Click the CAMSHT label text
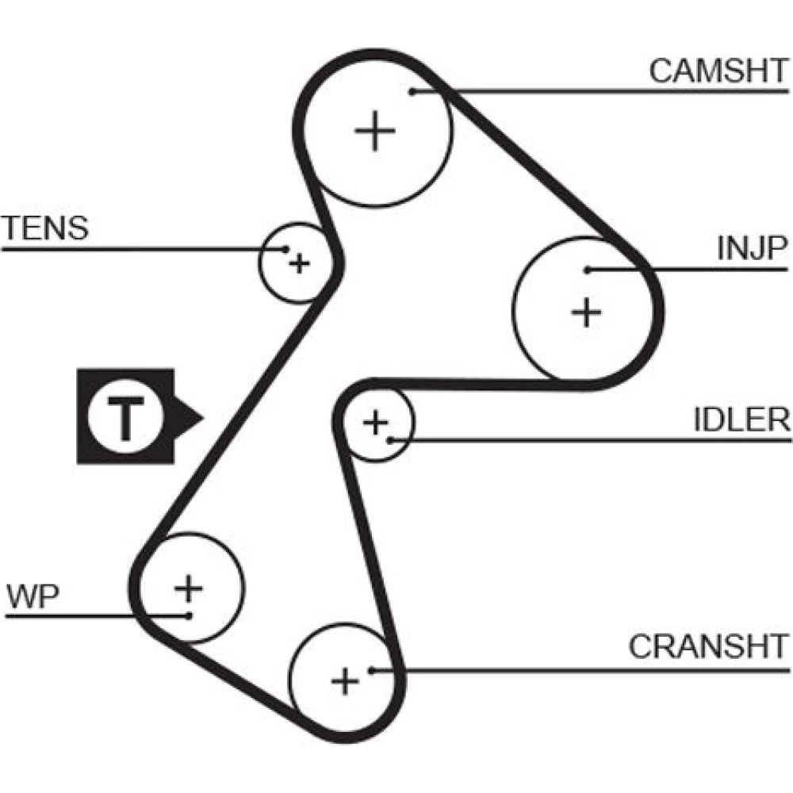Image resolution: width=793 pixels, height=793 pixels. pos(718,71)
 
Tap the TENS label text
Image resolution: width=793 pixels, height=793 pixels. pos(45,228)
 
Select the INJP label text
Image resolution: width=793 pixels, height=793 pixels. pos(751,249)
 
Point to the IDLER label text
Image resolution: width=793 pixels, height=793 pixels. pos(741,420)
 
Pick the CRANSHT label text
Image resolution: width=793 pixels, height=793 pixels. pos(709,647)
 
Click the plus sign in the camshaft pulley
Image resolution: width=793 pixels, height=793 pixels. pos(374,131)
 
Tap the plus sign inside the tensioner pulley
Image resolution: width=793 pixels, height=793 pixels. pos(298,263)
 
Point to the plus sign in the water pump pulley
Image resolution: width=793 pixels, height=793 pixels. pos(189,588)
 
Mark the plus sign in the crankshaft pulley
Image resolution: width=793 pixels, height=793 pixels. pos(344,680)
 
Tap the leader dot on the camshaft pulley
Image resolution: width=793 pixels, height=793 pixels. pos(412,92)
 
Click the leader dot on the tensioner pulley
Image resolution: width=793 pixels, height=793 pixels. pos(285,249)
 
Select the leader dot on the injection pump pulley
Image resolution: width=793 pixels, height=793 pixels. pos(588,270)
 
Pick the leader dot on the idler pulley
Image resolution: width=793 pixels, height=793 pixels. pos(389,439)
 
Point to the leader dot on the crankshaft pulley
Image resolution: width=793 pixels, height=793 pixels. pos(370,670)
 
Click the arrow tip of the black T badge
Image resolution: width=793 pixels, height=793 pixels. pos(203,416)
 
